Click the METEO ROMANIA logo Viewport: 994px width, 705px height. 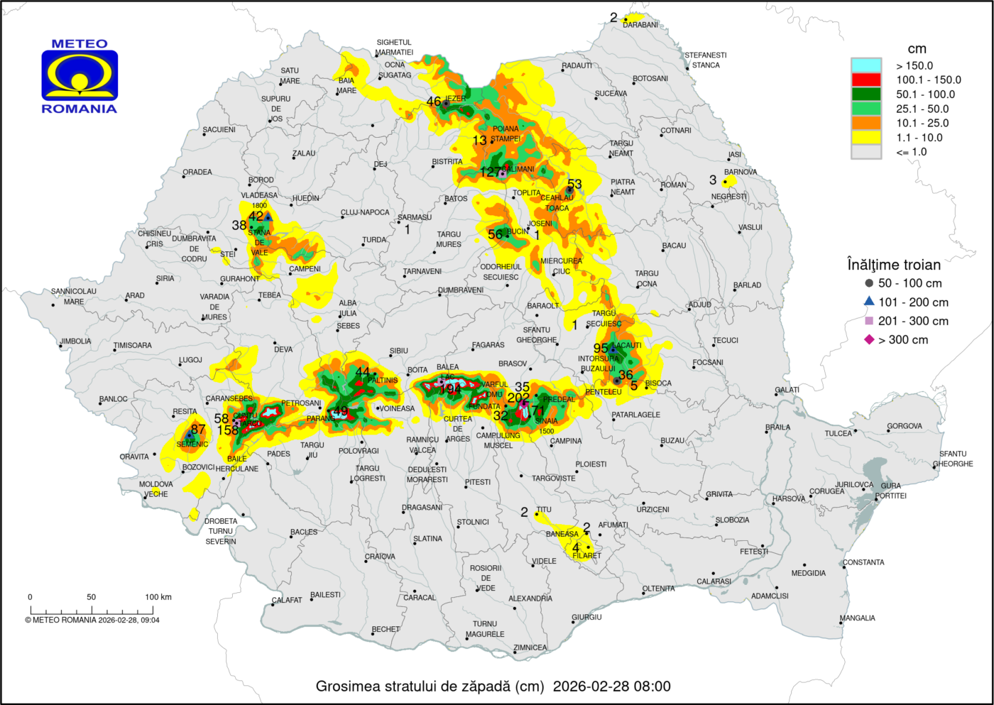79,75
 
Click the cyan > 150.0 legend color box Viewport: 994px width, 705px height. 865,65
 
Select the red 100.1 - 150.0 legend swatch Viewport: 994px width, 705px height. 865,80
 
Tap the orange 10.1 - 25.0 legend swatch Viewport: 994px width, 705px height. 865,123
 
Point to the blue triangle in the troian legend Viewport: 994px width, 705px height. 869,302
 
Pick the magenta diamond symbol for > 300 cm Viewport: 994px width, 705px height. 869,340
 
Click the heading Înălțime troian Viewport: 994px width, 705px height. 894,265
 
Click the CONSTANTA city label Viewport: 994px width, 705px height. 863,562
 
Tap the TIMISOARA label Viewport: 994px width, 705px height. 133,346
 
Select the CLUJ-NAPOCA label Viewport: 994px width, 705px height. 365,212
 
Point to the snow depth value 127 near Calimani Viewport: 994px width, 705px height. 490,173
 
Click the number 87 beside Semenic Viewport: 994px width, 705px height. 198,430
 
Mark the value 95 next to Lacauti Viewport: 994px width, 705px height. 601,349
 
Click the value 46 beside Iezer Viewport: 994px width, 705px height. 434,102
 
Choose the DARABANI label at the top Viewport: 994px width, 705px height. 640,25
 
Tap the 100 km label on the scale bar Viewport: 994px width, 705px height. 158,597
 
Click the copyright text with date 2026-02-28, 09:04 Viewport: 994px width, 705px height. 92,620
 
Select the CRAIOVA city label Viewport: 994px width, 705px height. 380,557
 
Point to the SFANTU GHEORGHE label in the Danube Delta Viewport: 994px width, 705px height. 953,459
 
